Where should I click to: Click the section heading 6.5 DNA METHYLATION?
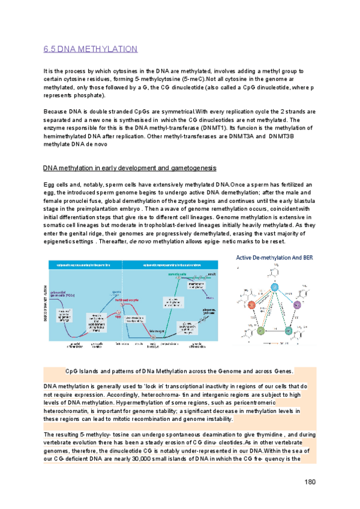[91, 49]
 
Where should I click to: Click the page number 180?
[310, 482]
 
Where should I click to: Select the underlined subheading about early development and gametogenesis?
[130, 167]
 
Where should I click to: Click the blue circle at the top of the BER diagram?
[274, 287]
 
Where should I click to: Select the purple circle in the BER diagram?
[295, 306]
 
